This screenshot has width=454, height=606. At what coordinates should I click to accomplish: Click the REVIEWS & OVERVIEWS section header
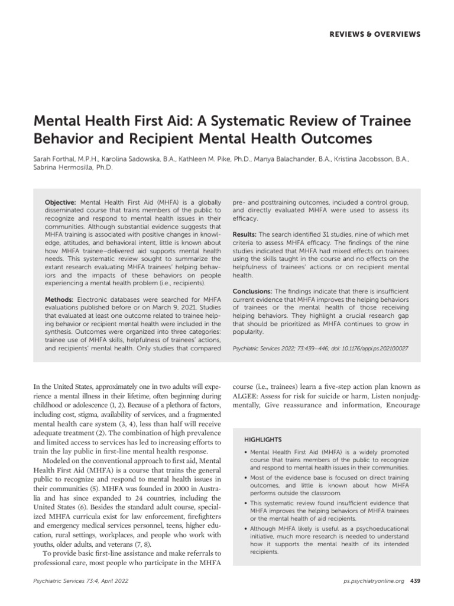pos(375,34)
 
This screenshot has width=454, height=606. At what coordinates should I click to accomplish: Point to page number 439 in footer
pos(415,581)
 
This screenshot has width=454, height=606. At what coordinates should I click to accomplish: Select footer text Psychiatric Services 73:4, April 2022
pos(83,581)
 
